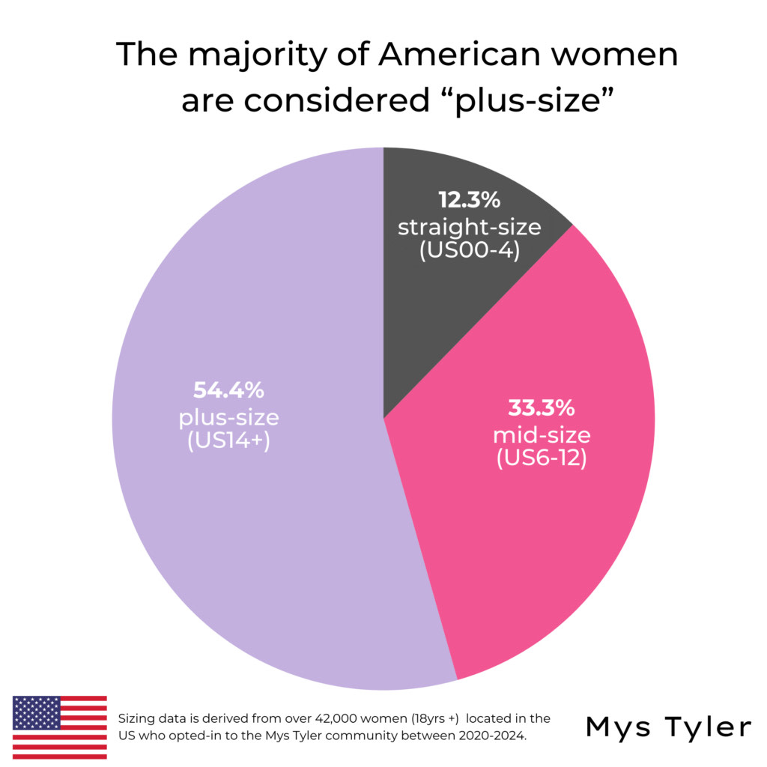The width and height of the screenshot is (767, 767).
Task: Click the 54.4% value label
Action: tap(228, 390)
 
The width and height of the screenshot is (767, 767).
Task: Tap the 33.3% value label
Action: tap(541, 408)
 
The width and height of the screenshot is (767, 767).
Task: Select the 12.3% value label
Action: tap(469, 201)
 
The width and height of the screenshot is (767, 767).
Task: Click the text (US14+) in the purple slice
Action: tap(228, 440)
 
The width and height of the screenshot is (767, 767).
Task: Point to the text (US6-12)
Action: tap(541, 458)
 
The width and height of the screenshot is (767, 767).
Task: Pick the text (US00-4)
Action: tap(469, 251)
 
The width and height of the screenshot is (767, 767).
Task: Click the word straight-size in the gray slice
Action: tap(469, 226)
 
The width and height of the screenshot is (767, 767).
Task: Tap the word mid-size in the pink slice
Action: tap(541, 434)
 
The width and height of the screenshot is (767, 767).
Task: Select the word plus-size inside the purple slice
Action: tap(228, 416)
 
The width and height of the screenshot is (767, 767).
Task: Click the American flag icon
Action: tap(60, 727)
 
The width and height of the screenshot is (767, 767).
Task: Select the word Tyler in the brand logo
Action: tap(704, 727)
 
